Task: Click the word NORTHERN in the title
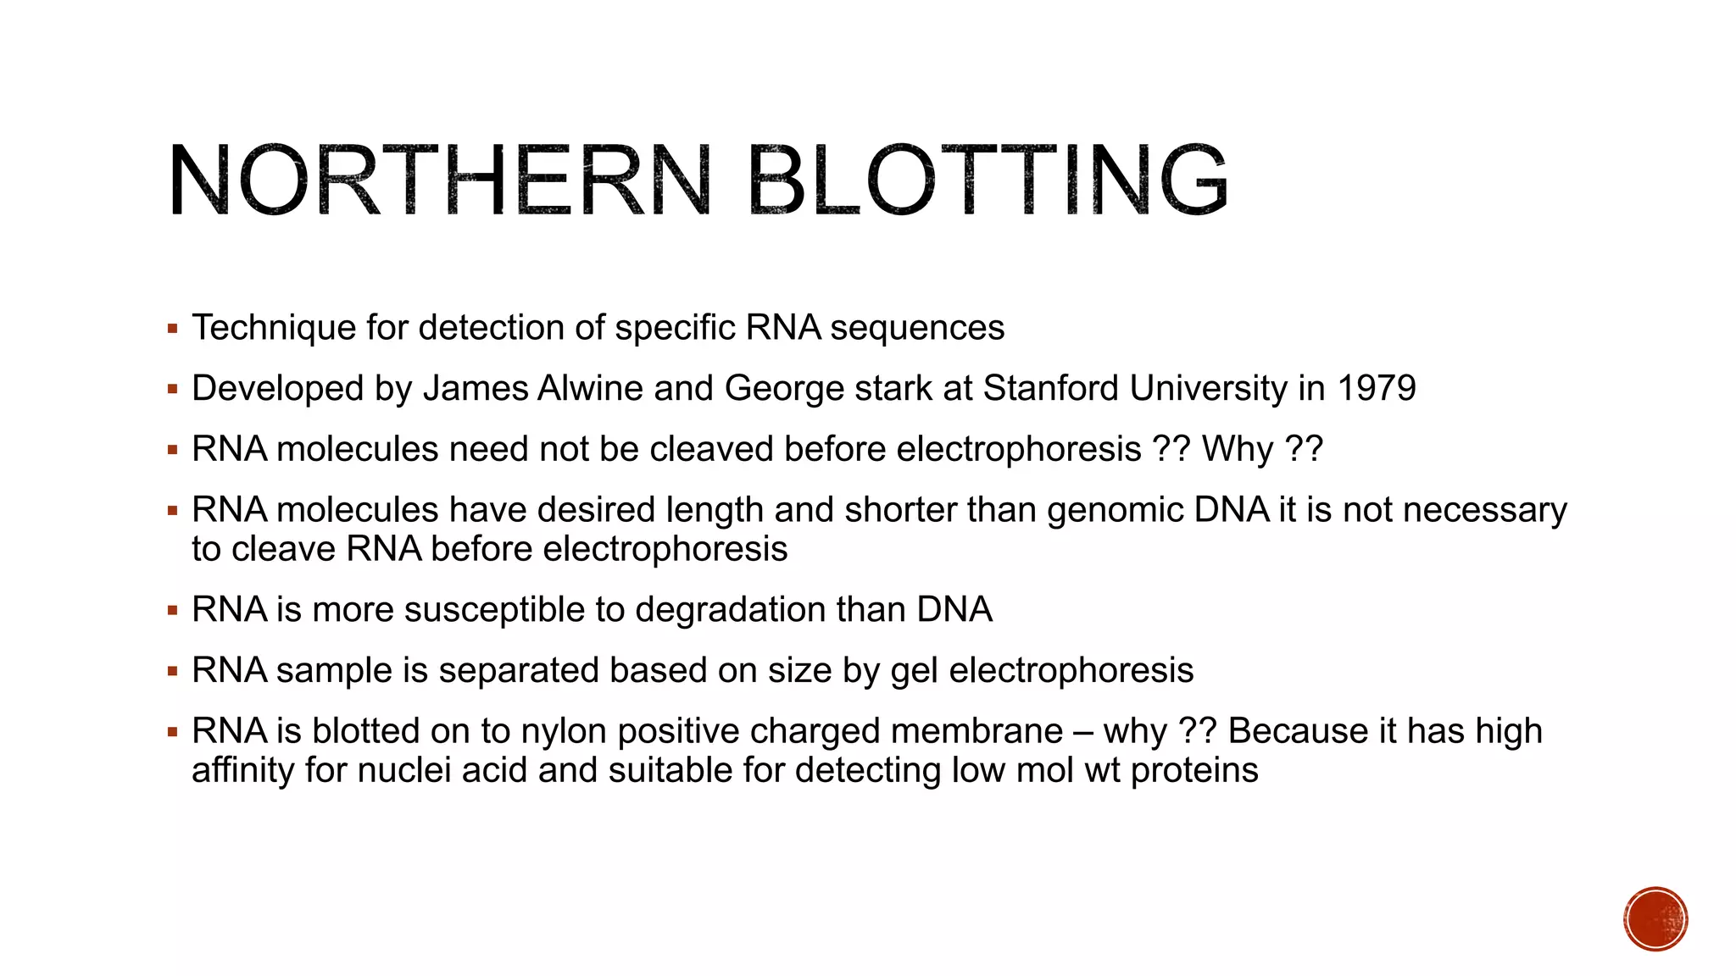click(x=439, y=180)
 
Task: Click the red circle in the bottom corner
click(x=1655, y=918)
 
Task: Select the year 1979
click(x=1376, y=389)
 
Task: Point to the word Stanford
click(x=1051, y=389)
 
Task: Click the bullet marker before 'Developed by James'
click(x=173, y=390)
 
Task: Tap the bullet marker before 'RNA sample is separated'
click(x=173, y=671)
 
